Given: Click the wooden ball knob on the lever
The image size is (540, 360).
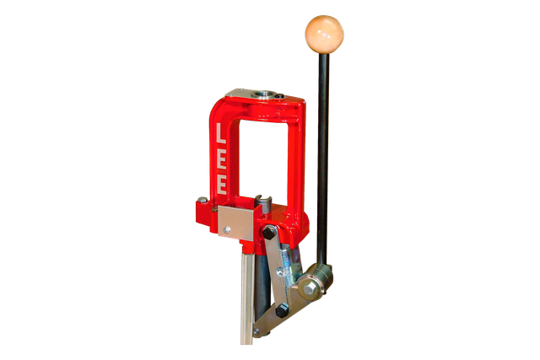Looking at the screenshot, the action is point(324,34).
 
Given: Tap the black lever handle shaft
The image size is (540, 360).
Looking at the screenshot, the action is point(323,159).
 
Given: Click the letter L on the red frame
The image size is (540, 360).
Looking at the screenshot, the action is point(220,133).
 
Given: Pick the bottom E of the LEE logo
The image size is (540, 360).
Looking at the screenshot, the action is point(221,185).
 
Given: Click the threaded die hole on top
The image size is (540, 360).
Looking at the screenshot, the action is point(265,94).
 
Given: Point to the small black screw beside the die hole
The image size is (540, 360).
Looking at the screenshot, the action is point(279,96).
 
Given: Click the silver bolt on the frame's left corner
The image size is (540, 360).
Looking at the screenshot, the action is point(202,200).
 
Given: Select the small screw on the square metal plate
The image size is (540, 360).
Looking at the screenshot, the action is point(226,229).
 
